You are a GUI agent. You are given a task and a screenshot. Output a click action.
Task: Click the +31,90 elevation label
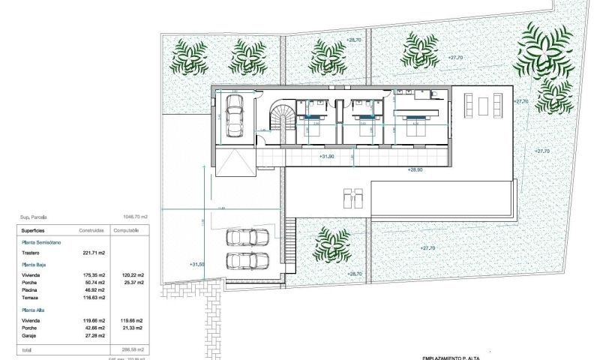pos(327,156)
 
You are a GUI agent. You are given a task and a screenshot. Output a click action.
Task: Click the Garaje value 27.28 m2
pos(94,337)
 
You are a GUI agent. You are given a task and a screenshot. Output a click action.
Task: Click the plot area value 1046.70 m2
pos(134,217)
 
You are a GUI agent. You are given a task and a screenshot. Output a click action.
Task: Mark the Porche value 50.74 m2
pos(94,282)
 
